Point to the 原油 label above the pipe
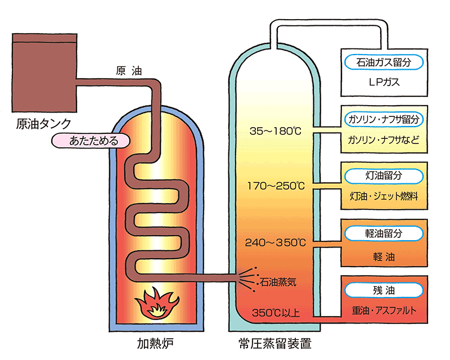128,71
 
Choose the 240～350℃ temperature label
275,243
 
